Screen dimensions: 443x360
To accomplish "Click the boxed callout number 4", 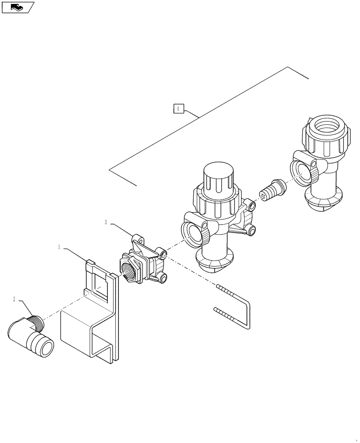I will pyautogui.click(x=178, y=109).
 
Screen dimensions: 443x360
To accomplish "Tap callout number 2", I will pyautogui.click(x=14, y=300).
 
